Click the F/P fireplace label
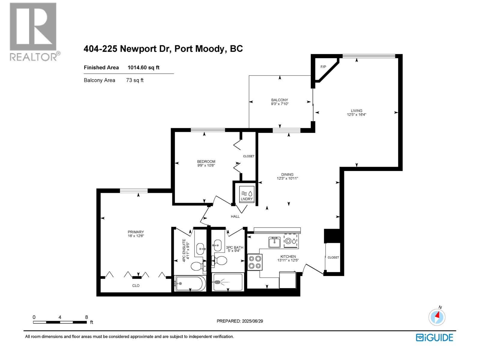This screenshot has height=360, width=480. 323,67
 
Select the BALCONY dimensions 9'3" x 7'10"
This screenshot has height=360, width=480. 280,104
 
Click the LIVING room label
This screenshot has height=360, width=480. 357,110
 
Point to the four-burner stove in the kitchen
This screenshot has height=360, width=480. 255,262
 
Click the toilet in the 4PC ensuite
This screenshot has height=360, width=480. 198,266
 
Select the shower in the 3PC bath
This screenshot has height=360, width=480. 227,282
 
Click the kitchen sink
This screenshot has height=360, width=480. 274,242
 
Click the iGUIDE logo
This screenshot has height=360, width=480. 434,337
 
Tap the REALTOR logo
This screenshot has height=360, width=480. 33,31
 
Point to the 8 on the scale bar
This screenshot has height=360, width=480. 86,317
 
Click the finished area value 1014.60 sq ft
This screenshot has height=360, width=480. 143,67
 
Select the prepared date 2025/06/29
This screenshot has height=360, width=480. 252,321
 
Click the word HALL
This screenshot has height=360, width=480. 235,216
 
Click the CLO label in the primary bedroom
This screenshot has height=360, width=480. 136,286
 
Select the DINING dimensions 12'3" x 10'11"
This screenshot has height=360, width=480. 287,178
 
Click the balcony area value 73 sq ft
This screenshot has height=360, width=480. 135,80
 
